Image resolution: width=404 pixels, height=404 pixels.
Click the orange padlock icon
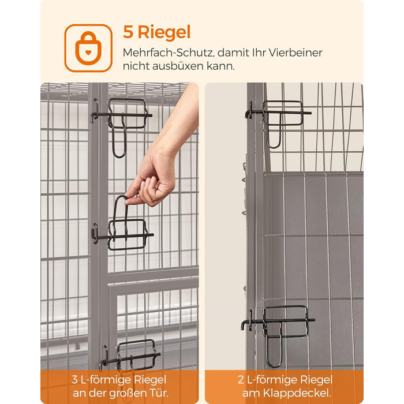tap(88, 48)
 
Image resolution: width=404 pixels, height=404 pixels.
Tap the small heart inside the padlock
tap(88, 53)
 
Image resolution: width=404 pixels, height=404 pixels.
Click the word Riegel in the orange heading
tap(164, 32)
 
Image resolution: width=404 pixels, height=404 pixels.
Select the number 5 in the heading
tap(128, 32)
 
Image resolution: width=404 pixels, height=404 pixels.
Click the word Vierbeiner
tap(295, 53)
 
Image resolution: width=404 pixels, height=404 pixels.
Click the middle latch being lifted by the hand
tap(122, 227)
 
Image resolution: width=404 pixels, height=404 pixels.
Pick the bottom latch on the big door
tap(129, 356)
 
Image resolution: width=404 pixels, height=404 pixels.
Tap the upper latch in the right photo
tap(278, 121)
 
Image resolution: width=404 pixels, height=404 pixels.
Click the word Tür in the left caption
tap(159, 393)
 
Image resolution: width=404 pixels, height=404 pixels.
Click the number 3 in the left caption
tap(74, 380)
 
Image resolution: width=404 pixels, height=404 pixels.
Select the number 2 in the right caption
tap(241, 380)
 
